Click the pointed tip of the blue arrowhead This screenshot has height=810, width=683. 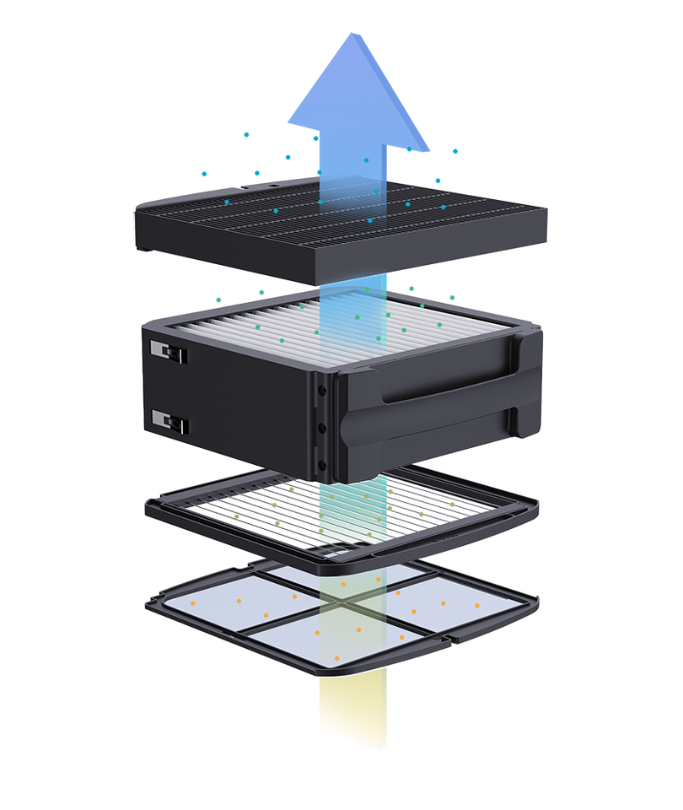click(x=355, y=32)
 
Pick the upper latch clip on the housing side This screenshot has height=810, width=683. click(x=168, y=351)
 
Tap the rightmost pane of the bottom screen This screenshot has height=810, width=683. click(x=455, y=607)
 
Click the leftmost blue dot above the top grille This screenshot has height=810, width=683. click(x=203, y=174)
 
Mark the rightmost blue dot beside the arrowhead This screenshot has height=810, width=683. click(x=455, y=151)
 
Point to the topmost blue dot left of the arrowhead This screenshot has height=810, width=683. click(x=246, y=133)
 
